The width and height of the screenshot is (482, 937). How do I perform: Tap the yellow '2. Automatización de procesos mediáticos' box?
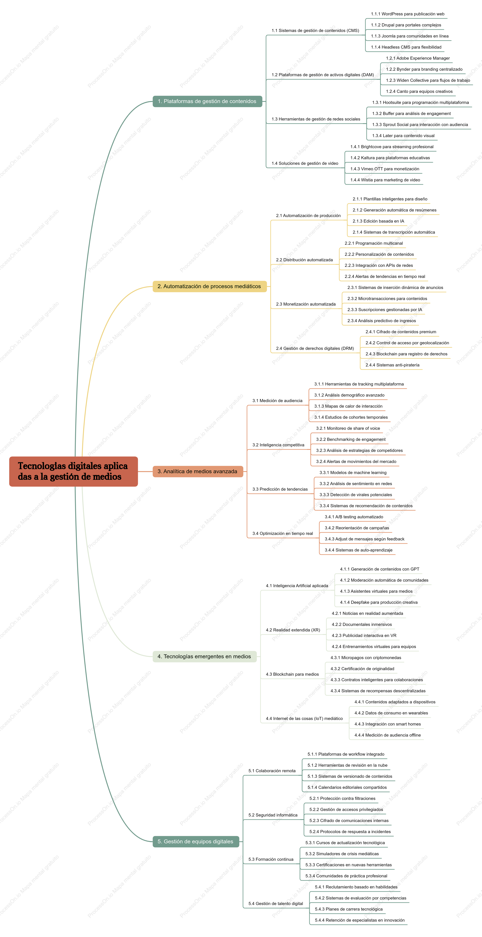[209, 286]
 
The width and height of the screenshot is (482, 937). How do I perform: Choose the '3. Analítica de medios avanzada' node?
[197, 471]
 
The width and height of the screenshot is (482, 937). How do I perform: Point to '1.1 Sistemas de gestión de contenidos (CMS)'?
[315, 31]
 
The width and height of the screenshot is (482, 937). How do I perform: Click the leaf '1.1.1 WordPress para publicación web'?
[407, 14]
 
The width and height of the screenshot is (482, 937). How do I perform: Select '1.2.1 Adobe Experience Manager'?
[418, 58]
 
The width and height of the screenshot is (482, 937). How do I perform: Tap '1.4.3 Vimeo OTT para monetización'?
[384, 169]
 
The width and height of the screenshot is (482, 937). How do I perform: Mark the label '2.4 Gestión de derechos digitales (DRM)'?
[315, 348]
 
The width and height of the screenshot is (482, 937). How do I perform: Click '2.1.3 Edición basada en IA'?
[378, 221]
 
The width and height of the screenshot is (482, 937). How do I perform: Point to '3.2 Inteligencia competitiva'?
[278, 445]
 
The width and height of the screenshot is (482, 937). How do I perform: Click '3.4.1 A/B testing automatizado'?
[354, 517]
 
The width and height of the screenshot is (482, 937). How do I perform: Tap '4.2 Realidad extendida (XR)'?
[293, 630]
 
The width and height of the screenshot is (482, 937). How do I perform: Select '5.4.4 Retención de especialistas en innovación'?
[360, 920]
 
